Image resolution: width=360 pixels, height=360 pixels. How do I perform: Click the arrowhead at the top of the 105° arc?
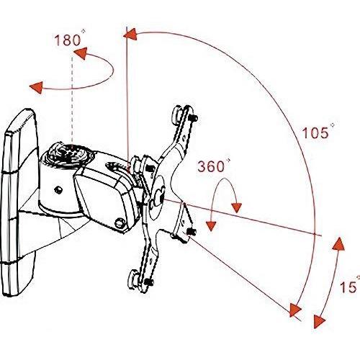click(x=130, y=35)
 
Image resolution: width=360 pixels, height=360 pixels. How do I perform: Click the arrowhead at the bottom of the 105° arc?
click(x=295, y=310)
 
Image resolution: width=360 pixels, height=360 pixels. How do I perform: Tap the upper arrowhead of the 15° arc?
click(x=339, y=243)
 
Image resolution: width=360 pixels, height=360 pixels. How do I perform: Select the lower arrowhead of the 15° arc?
click(x=319, y=321)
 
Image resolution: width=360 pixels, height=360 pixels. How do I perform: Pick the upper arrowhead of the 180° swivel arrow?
click(x=81, y=53)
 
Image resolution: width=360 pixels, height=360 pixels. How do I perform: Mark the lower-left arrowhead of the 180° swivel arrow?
click(x=37, y=87)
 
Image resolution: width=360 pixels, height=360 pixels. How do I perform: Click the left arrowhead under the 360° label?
click(x=211, y=226)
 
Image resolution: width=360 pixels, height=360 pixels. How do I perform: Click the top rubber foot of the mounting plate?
click(x=178, y=112)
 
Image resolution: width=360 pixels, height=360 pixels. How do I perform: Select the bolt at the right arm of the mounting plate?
click(x=192, y=232)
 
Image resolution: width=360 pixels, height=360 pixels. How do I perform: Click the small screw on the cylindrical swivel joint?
click(x=58, y=189)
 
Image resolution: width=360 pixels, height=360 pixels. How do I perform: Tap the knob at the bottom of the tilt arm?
click(x=120, y=223)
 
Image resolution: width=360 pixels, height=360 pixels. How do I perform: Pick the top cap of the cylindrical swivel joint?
click(x=66, y=153)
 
